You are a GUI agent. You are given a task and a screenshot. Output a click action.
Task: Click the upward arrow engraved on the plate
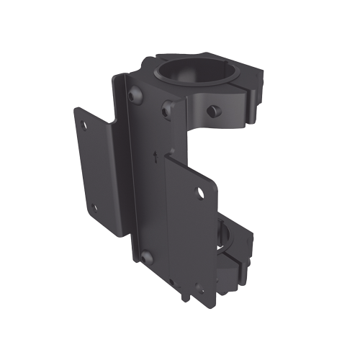pos(155,154)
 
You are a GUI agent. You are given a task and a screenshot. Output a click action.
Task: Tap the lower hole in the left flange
pos(94,207)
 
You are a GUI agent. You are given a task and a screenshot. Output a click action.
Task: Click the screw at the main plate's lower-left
pos(146,257)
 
